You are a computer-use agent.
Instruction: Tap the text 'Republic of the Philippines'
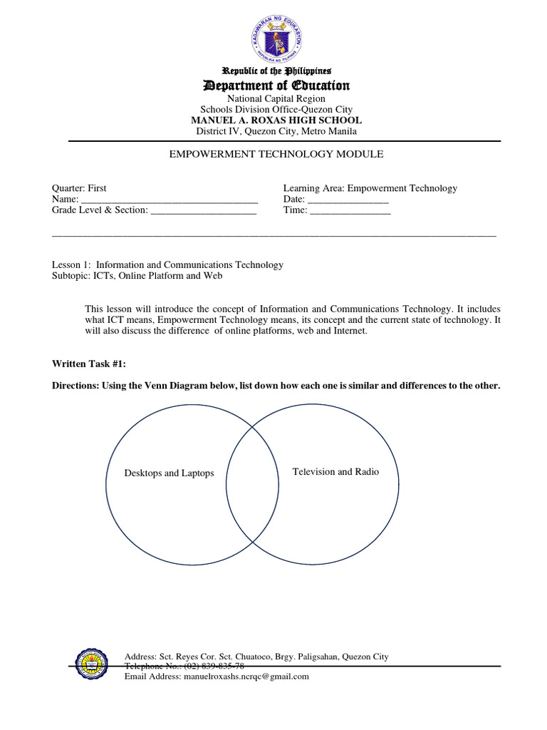[276, 71]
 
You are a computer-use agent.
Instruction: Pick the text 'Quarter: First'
[79, 188]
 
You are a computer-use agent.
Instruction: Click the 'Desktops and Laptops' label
[169, 473]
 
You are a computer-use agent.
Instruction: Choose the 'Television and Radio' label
[335, 471]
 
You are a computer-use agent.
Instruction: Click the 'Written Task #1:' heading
[90, 364]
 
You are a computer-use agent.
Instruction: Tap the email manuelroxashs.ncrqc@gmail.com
[246, 676]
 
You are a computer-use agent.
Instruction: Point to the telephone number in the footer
[214, 666]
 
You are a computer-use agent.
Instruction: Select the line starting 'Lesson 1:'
[168, 264]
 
